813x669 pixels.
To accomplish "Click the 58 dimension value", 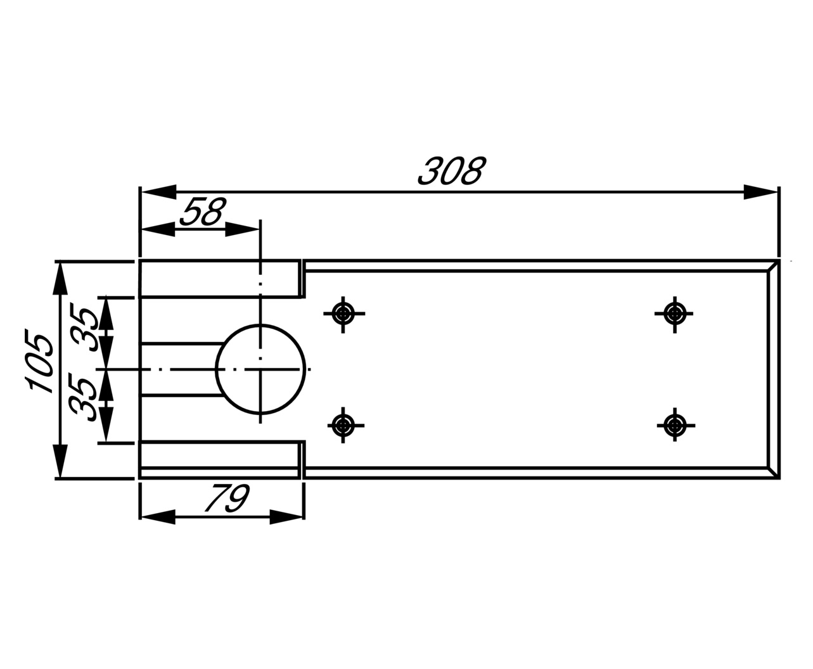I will point(202,212).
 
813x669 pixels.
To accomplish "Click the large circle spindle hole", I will point(260,369).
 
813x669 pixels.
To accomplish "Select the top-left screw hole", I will point(343,313).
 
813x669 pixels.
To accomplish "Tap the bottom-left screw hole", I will point(343,424).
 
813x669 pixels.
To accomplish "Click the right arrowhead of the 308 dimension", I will point(761,192).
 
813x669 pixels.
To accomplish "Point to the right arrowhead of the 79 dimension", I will point(287,517).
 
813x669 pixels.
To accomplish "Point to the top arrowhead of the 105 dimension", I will point(60,279).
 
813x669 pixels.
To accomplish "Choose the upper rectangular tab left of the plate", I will point(219,279).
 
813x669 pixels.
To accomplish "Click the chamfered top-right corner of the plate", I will point(773,265).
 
